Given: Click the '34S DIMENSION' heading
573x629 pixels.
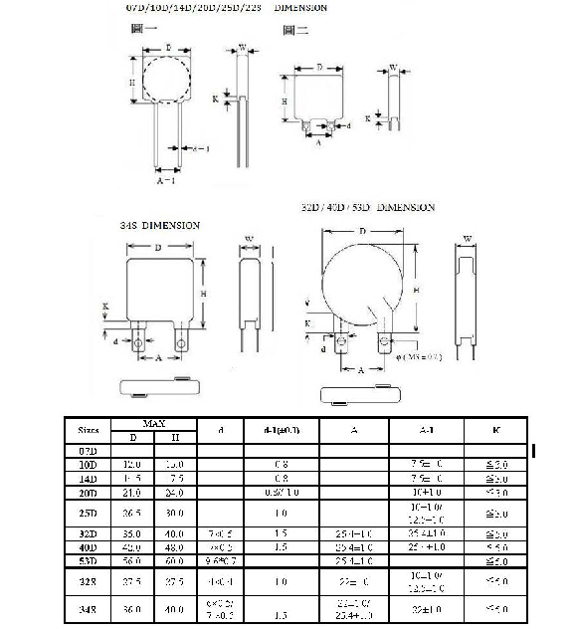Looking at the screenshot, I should click(x=159, y=225).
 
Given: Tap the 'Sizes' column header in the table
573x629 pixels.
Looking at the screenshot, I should click(x=89, y=430).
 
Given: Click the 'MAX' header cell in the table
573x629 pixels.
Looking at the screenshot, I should click(x=153, y=423).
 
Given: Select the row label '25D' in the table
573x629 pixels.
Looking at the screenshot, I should click(x=89, y=515).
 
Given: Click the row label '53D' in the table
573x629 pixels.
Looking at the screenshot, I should click(x=89, y=560).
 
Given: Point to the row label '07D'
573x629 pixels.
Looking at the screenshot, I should click(x=89, y=451).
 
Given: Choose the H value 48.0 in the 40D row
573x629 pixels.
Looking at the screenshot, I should click(x=175, y=546).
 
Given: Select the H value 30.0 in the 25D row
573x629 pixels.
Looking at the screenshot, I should click(x=175, y=515).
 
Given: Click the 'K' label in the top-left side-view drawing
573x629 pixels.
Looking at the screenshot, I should click(x=216, y=99).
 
